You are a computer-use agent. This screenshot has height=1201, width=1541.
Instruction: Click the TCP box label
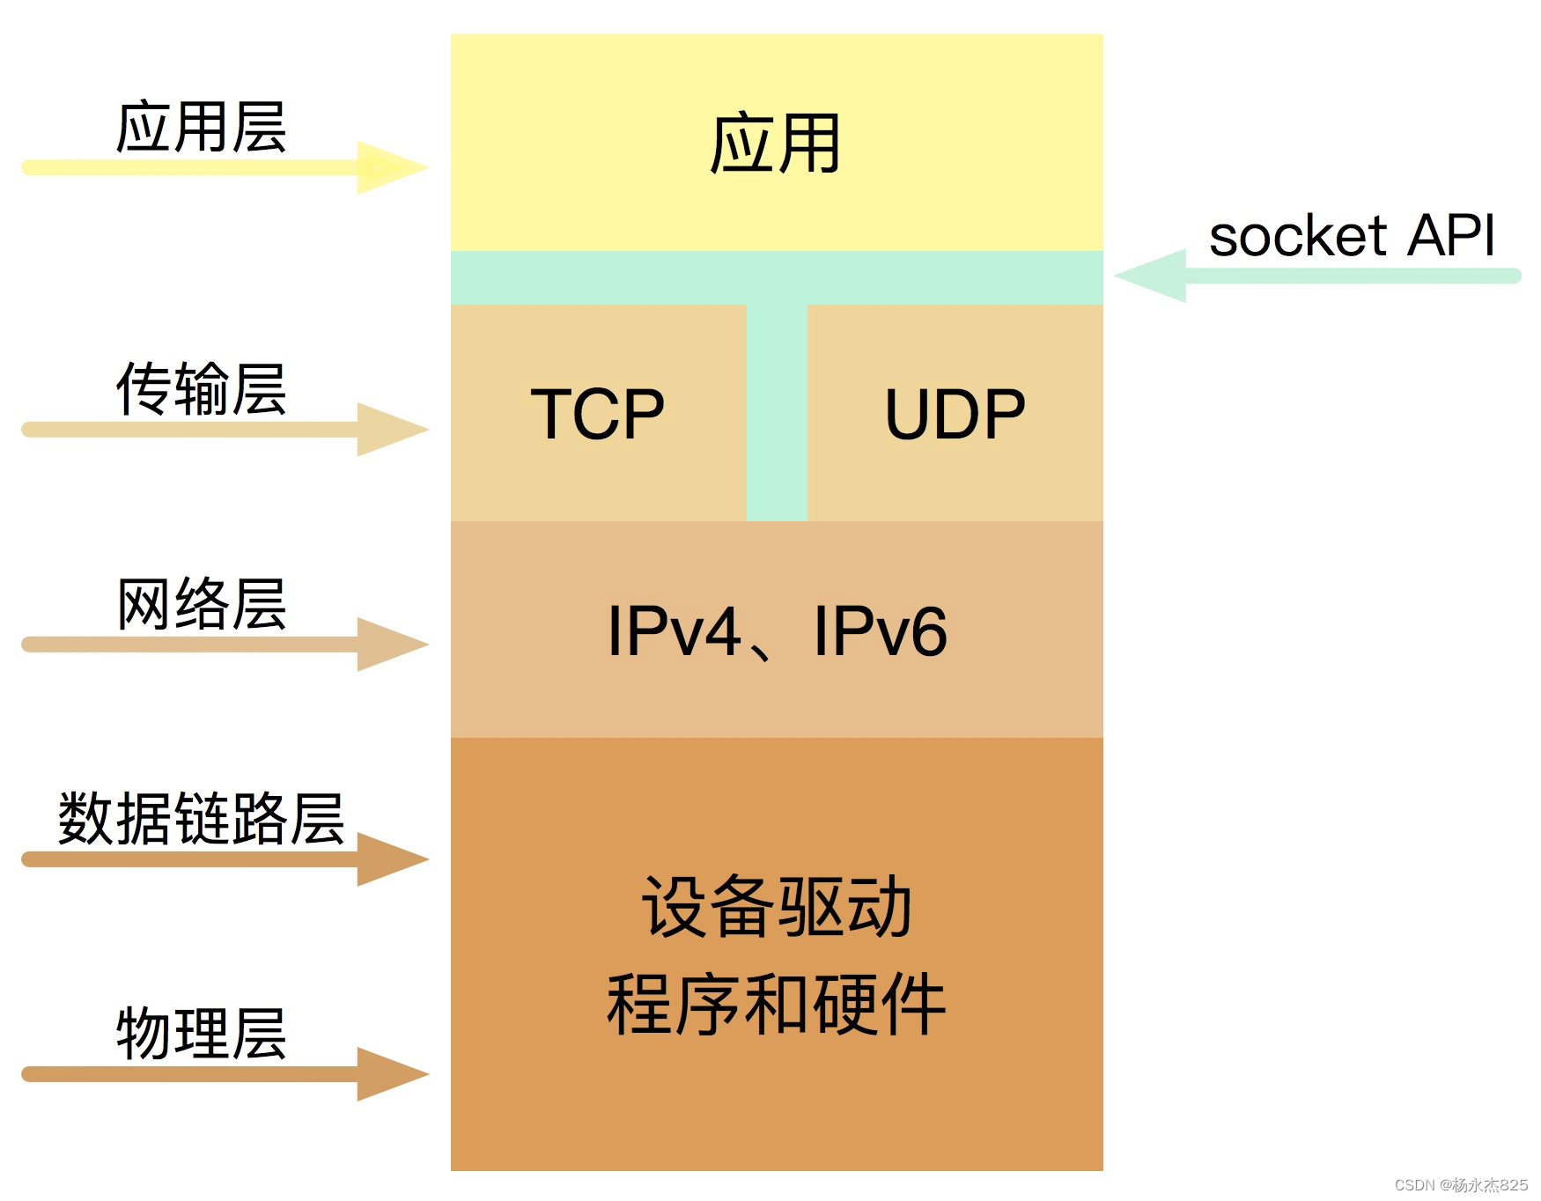[x=597, y=414]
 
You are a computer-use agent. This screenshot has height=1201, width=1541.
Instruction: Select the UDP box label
[x=955, y=414]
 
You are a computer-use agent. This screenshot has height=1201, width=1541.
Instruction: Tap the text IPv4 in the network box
[x=674, y=631]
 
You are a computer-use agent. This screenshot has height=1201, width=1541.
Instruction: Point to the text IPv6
[x=880, y=631]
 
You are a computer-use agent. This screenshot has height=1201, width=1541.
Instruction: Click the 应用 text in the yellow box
[x=775, y=144]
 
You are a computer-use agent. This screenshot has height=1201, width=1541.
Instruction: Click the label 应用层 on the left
[x=201, y=128]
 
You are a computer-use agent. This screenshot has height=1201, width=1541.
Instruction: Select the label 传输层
[x=201, y=389]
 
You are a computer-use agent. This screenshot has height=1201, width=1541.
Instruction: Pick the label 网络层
[x=201, y=604]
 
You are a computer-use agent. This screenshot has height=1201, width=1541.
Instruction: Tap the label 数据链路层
[x=201, y=819]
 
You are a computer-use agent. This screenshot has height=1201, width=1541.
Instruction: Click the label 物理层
[x=201, y=1034]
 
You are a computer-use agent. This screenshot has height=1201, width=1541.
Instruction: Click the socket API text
[x=1352, y=236]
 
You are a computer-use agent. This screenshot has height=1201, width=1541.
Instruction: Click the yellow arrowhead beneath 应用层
[x=389, y=167]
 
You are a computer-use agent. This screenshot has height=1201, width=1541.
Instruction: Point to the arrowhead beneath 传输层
[x=389, y=430]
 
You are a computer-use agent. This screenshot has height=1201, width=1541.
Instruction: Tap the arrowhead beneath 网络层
[x=389, y=645]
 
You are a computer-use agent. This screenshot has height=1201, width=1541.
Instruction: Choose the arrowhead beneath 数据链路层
[x=389, y=859]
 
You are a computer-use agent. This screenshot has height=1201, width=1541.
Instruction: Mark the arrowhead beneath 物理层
[x=389, y=1074]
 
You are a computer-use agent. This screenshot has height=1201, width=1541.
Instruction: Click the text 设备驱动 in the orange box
[x=776, y=907]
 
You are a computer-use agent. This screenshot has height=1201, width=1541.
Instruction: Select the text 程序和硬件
[x=776, y=1006]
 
